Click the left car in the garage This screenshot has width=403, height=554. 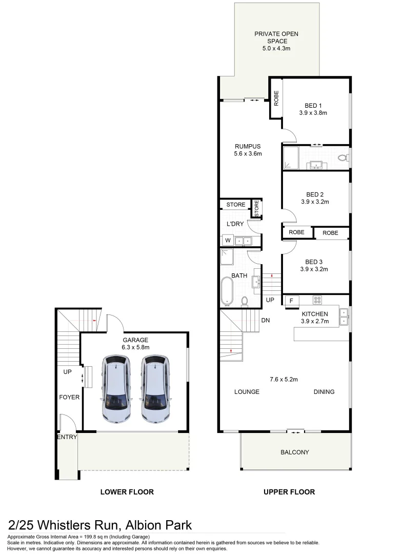point(117,388)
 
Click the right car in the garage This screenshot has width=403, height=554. point(155,388)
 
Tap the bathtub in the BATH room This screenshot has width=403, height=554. point(227,290)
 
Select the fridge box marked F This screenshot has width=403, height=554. point(291,301)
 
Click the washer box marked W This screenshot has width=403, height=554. point(227,240)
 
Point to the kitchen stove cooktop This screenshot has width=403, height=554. point(317,301)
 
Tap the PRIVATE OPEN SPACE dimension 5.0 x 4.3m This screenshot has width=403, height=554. point(276,49)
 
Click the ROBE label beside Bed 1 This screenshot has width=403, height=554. point(276,98)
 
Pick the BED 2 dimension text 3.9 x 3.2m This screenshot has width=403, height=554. point(314,202)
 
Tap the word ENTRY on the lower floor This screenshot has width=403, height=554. point(67,438)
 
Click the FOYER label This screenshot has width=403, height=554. point(69,397)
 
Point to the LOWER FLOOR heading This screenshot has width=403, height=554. point(127,492)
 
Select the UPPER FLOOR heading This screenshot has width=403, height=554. point(289,492)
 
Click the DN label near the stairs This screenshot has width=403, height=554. point(265,321)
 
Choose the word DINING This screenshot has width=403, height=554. point(324,392)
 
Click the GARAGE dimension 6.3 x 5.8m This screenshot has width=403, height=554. point(135,347)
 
